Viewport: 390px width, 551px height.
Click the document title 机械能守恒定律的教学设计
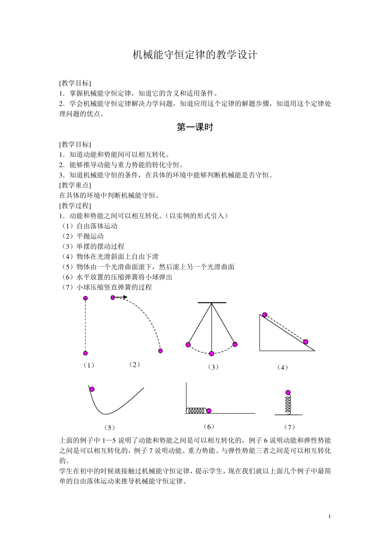(195, 55)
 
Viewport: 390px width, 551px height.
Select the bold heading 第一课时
(195, 128)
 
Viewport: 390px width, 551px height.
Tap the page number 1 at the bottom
(330, 516)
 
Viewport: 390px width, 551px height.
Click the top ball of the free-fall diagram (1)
(85, 298)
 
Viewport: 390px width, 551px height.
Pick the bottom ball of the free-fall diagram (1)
(85, 353)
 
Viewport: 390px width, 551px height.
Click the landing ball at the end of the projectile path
(160, 351)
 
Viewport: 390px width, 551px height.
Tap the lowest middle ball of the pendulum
(211, 353)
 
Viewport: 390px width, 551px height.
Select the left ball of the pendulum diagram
(188, 344)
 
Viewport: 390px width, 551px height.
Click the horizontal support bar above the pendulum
(212, 303)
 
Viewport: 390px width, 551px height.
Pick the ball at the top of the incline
(265, 314)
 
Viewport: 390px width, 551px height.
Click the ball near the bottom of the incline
(305, 342)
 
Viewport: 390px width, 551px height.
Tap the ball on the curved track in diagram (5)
(92, 389)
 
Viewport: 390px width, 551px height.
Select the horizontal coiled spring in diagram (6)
(196, 410)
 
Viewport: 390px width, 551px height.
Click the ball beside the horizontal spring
(209, 410)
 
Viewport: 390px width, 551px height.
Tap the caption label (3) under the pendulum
(213, 367)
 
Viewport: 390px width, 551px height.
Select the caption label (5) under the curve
(109, 427)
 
